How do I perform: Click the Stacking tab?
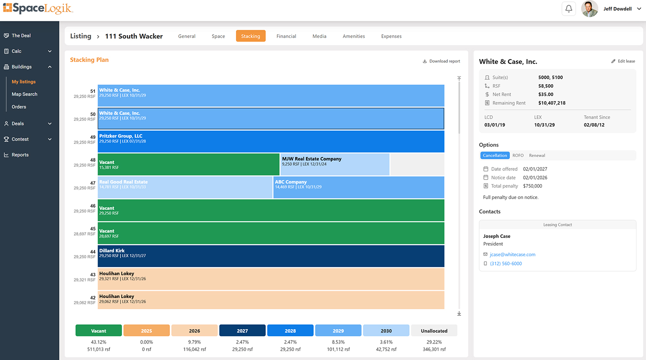click(x=251, y=36)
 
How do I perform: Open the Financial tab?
click(x=286, y=36)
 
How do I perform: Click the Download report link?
click(x=441, y=61)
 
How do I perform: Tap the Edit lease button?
click(x=623, y=61)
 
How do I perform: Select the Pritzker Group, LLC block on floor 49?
click(x=271, y=141)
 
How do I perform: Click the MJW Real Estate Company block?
click(x=335, y=164)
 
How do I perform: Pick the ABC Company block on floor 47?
click(x=359, y=187)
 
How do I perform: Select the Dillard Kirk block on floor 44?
click(x=271, y=256)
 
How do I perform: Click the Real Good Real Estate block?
click(x=185, y=187)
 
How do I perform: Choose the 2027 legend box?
click(x=242, y=331)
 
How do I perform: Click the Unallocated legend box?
click(x=434, y=331)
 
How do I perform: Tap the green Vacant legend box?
click(x=98, y=331)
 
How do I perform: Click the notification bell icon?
click(x=568, y=9)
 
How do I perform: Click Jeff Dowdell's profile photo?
click(x=589, y=9)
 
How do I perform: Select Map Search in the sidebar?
click(x=24, y=94)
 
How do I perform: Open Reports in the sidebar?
click(x=20, y=155)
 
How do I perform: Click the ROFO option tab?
click(x=518, y=155)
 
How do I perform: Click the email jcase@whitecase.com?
click(x=512, y=255)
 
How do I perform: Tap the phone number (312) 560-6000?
click(x=506, y=264)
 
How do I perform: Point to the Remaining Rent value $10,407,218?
click(x=551, y=103)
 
